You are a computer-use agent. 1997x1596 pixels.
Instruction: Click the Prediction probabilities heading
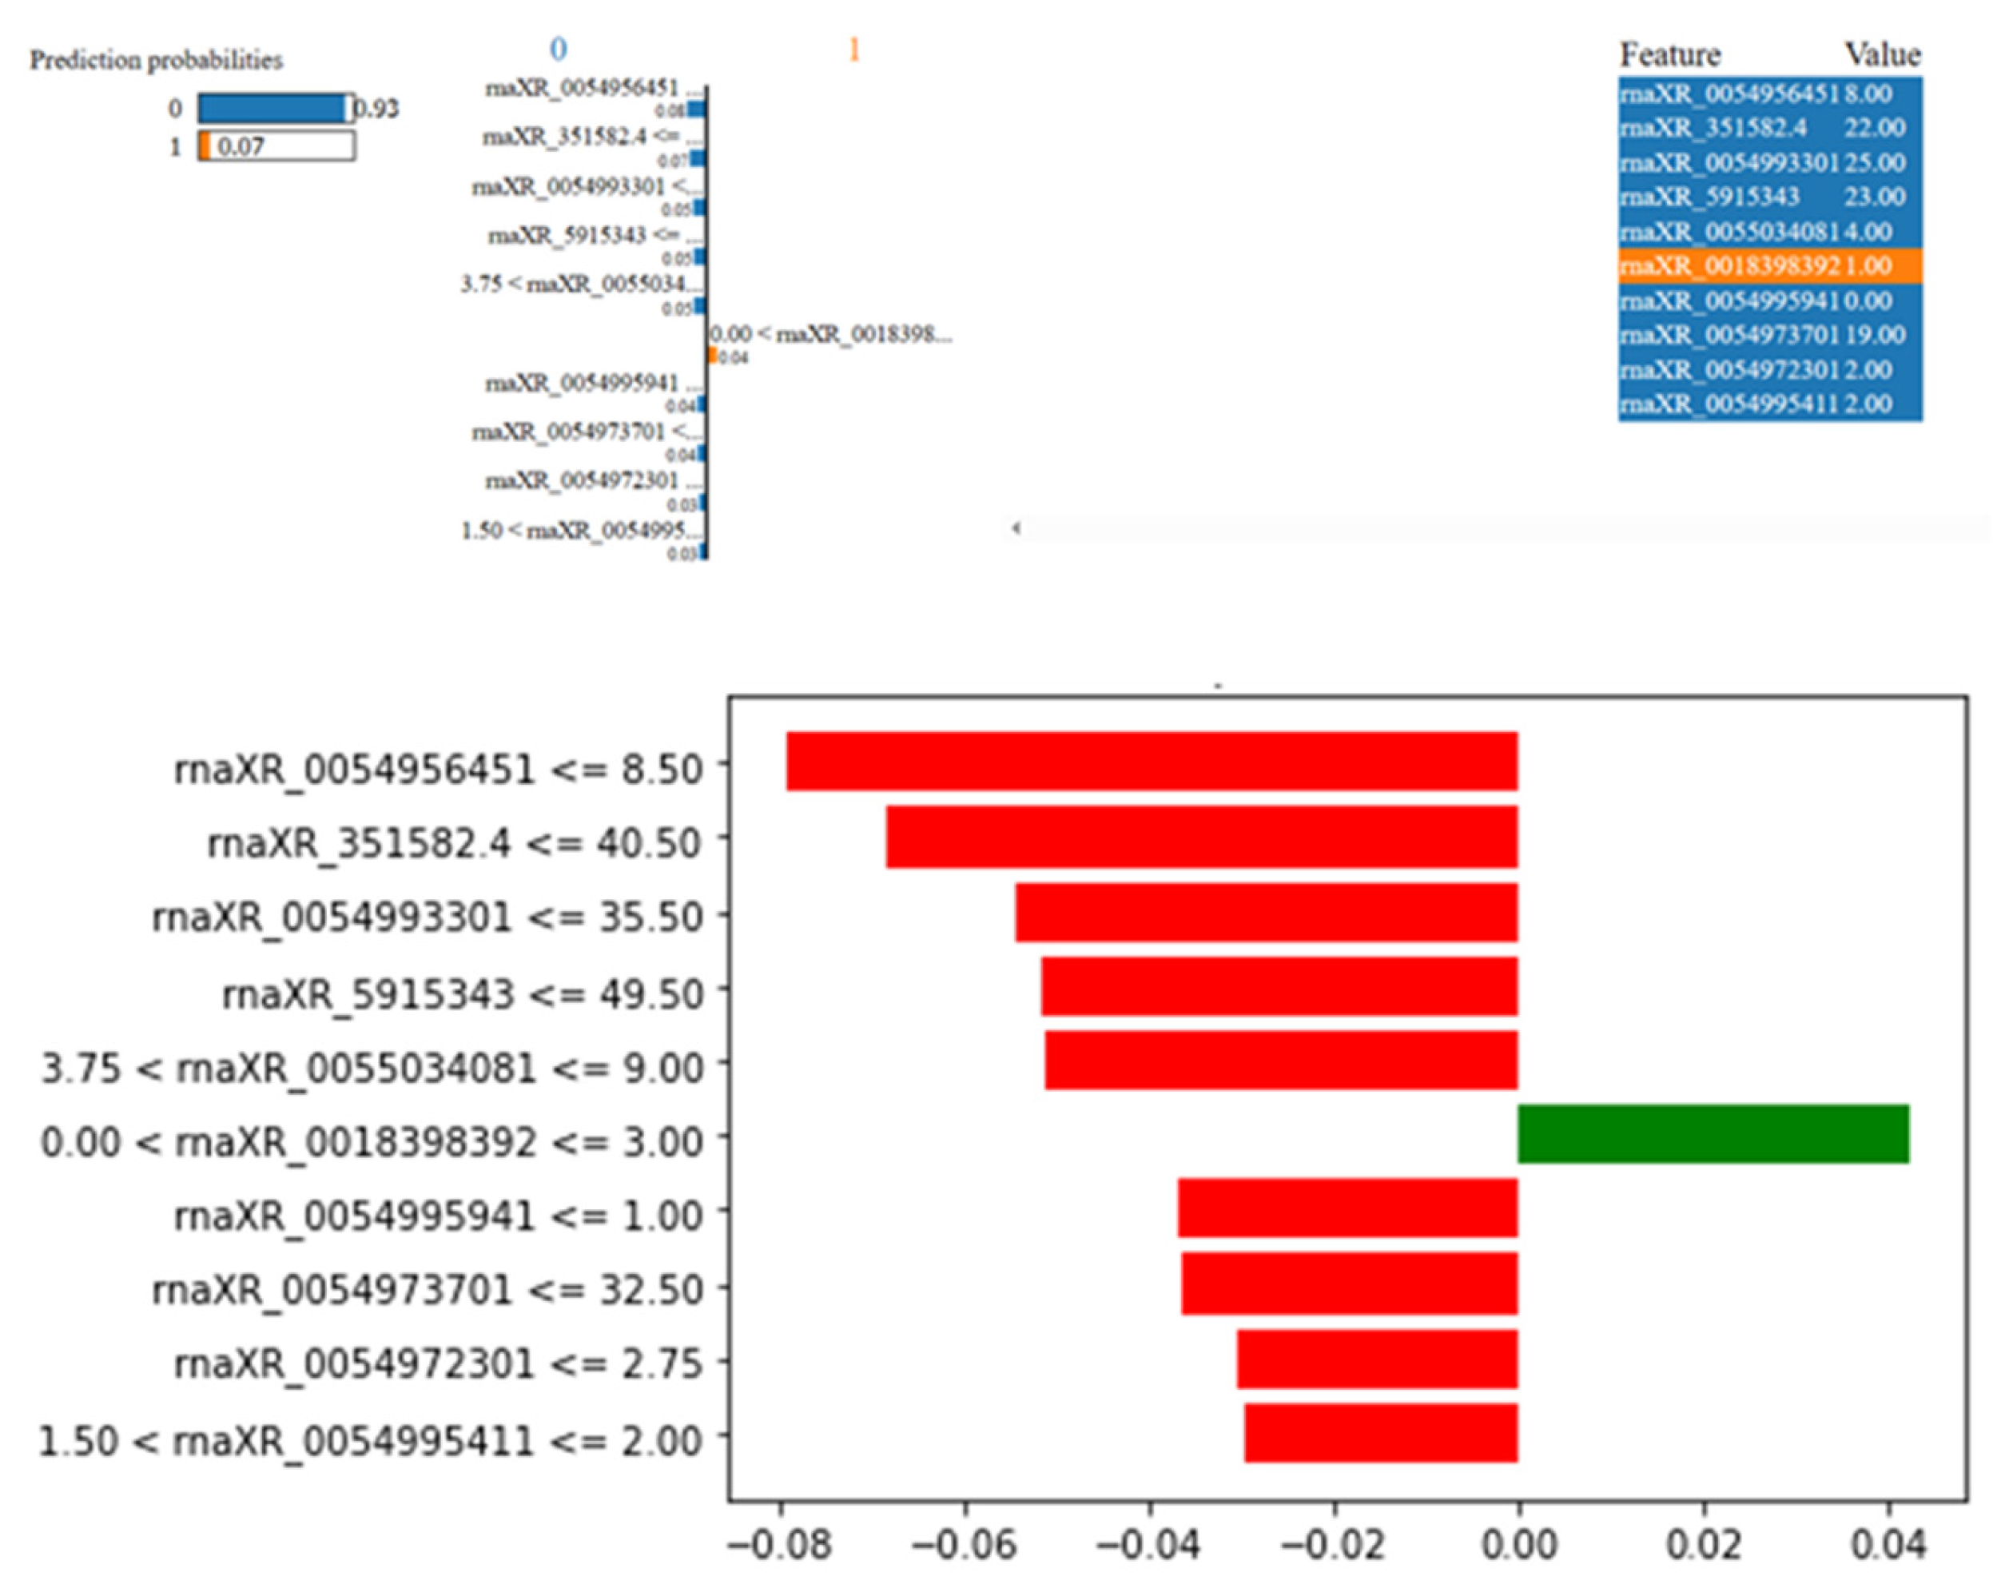click(156, 60)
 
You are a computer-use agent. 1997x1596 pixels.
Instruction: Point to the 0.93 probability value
click(377, 109)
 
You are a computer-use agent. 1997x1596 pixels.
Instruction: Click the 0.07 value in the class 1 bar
click(241, 146)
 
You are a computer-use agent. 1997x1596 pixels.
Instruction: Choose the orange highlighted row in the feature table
click(1769, 266)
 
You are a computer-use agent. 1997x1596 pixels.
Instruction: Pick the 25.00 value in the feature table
click(1874, 163)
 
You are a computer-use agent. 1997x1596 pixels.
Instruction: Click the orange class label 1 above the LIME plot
click(854, 49)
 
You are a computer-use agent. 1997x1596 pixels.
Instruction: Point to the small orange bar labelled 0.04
click(711, 356)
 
